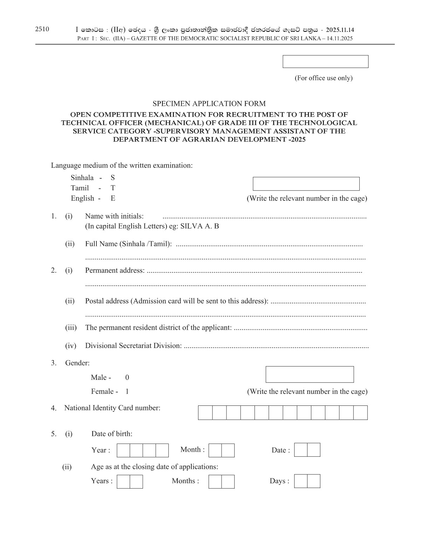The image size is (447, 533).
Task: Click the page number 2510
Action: tap(42, 29)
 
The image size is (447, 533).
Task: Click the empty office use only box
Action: tap(325, 61)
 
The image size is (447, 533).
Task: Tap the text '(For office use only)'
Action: tap(323, 78)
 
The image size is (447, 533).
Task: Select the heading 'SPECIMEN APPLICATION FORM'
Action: tap(209, 103)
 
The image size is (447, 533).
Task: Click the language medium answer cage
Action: tap(306, 184)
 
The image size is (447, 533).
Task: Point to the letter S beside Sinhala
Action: tap(113, 177)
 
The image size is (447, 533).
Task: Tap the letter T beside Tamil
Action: tap(113, 188)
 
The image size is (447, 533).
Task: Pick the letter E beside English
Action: tap(113, 198)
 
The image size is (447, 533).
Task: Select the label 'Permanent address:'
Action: tap(115, 270)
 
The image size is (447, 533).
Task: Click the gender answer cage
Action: tap(310, 374)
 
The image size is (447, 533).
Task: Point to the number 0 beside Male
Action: tap(127, 377)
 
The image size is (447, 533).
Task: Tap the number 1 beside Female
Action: tap(127, 391)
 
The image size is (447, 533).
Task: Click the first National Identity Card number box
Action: tap(205, 412)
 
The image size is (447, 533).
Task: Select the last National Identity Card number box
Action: tap(360, 412)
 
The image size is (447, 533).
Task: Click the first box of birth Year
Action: tap(123, 450)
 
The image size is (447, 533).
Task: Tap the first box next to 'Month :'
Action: tap(215, 450)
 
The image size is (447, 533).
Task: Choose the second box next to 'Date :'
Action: tap(314, 450)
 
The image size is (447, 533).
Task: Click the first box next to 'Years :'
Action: tap(123, 481)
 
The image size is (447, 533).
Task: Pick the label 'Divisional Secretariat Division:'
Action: tap(133, 346)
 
